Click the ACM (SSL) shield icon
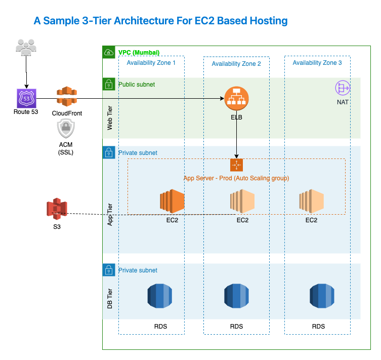point(67,130)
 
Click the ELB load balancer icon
point(236,98)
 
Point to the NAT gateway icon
point(343,88)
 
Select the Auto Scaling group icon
point(236,165)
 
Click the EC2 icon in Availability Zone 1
point(172,202)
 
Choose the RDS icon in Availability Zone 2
point(236,296)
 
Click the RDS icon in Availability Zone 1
point(160,296)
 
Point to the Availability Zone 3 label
point(317,63)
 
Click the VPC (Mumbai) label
point(139,53)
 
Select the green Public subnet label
point(137,85)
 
